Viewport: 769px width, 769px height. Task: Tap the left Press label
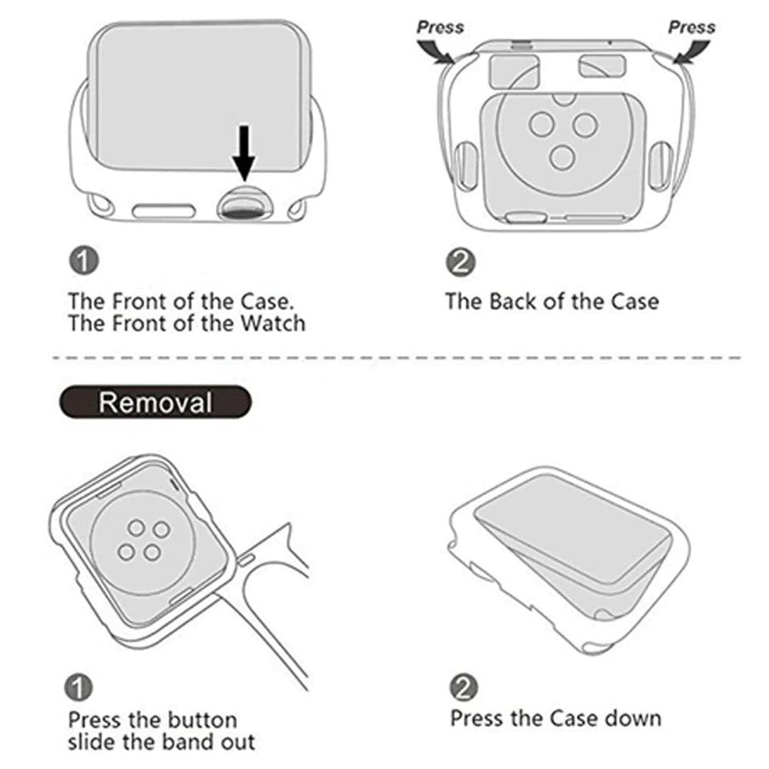[x=441, y=27]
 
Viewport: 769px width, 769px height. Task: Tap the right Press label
[x=691, y=27]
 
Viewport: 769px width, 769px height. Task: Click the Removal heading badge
[x=155, y=402]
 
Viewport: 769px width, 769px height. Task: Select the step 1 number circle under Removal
[x=82, y=687]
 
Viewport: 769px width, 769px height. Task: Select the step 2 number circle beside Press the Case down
[x=463, y=687]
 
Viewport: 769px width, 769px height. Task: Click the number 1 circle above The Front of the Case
[x=83, y=261]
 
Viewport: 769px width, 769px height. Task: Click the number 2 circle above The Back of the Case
[x=460, y=262]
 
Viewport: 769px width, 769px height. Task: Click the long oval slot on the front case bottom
[x=165, y=209]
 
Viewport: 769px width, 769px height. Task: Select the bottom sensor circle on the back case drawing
[x=564, y=157]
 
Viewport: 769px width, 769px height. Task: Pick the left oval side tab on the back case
[x=465, y=163]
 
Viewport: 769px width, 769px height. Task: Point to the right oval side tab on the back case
[x=661, y=163]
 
